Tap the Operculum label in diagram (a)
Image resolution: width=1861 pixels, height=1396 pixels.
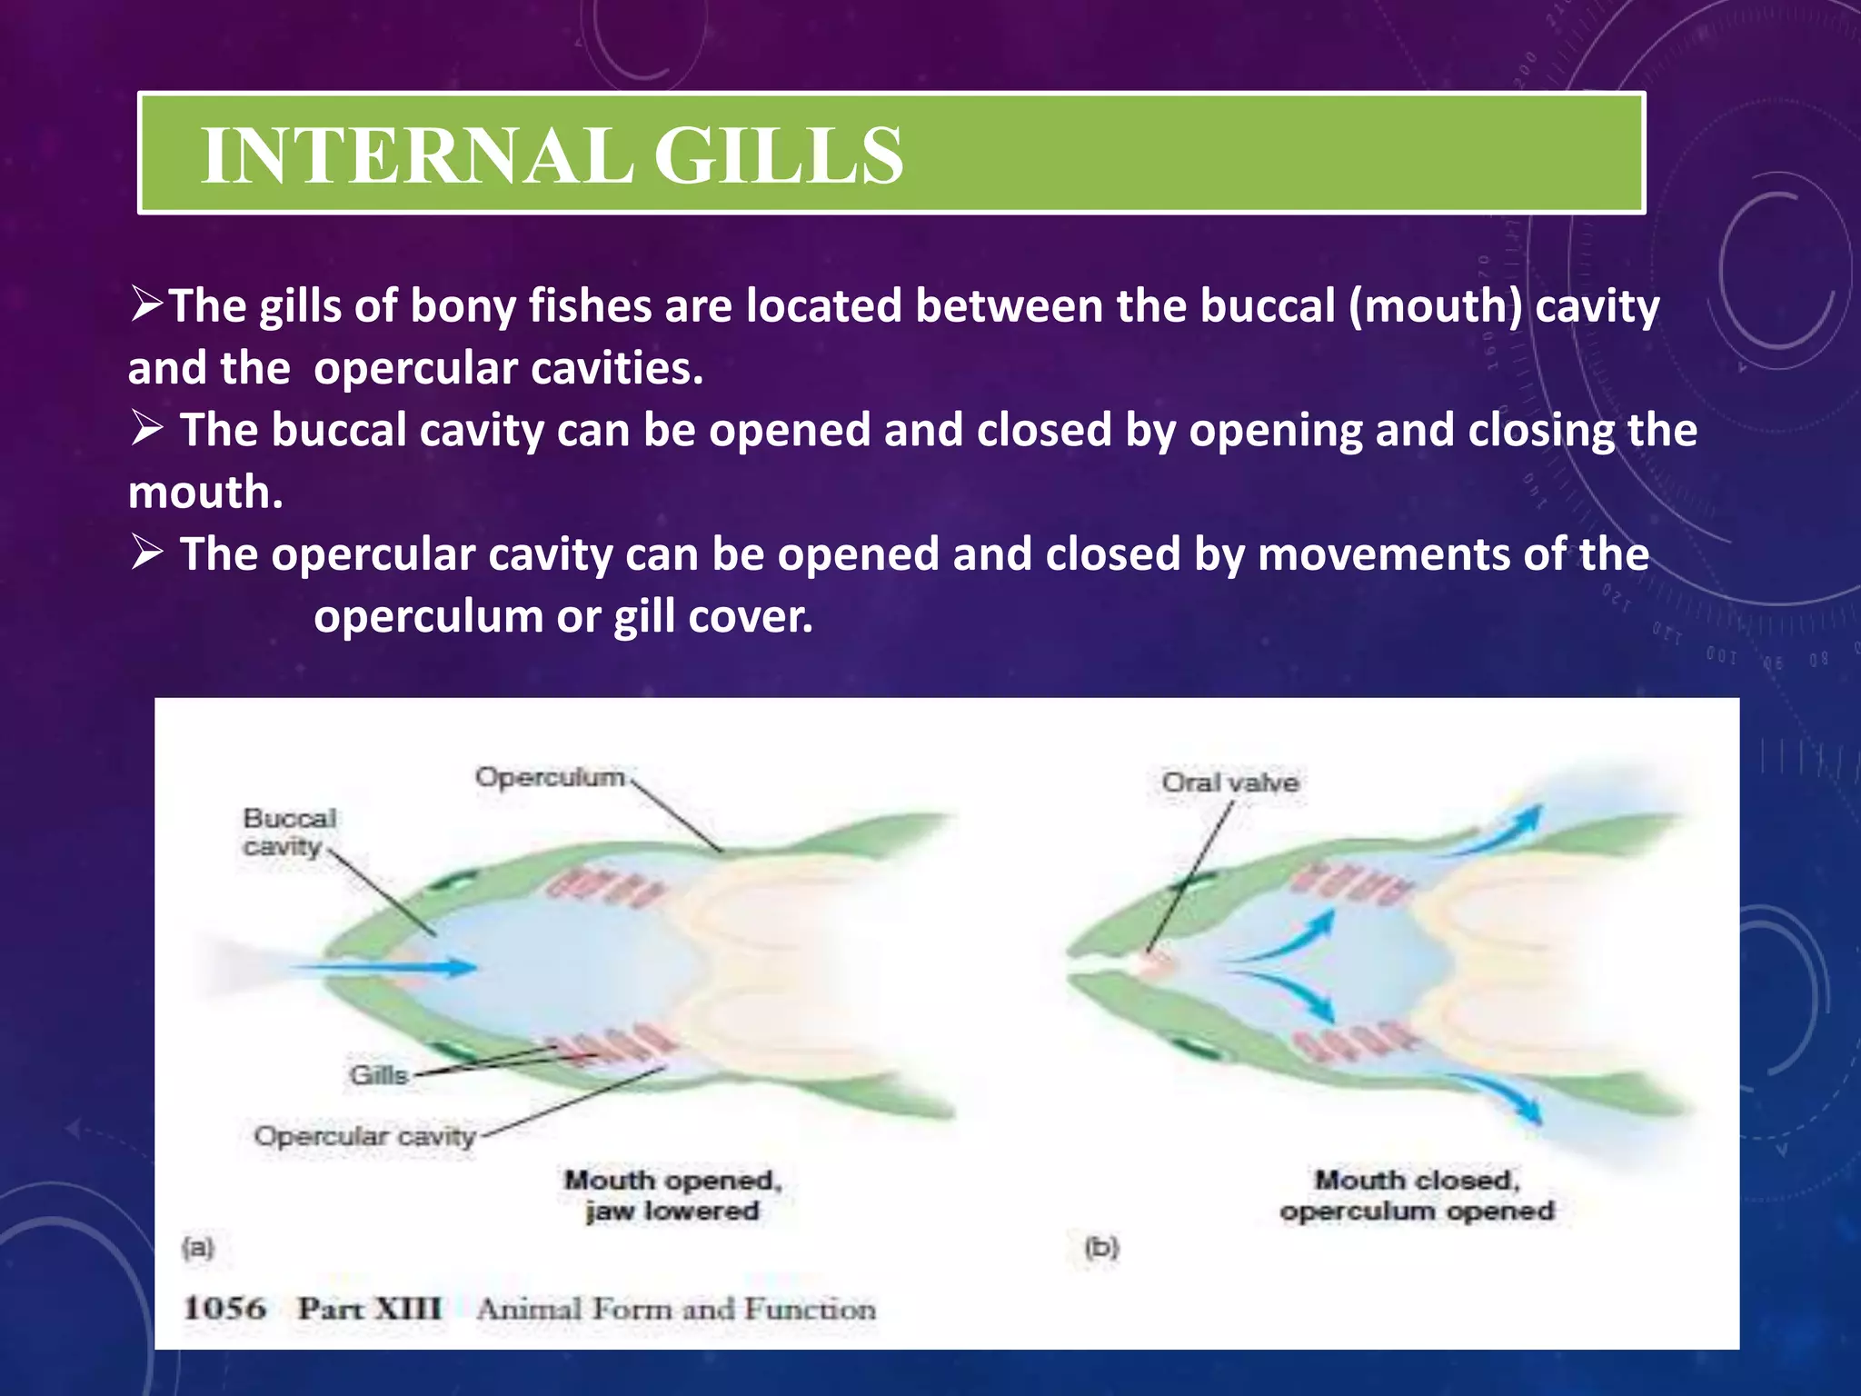[551, 778]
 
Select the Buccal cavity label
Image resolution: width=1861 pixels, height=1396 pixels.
[288, 832]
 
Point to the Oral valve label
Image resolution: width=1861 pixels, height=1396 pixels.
[1229, 783]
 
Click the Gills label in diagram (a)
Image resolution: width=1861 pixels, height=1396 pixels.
[379, 1075]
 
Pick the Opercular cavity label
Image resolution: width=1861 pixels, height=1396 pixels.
[364, 1136]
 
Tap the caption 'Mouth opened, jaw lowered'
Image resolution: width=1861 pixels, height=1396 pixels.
[672, 1195]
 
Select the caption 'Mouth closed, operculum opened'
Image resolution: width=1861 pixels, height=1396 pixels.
[1417, 1195]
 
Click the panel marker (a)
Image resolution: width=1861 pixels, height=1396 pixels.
[198, 1247]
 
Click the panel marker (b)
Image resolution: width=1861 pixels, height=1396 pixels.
[1101, 1247]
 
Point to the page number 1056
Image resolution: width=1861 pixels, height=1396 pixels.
[224, 1309]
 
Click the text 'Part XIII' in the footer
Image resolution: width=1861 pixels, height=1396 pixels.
[370, 1309]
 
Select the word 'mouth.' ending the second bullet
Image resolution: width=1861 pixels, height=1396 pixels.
[205, 493]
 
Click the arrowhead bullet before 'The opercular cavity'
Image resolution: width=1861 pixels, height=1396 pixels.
[146, 553]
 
